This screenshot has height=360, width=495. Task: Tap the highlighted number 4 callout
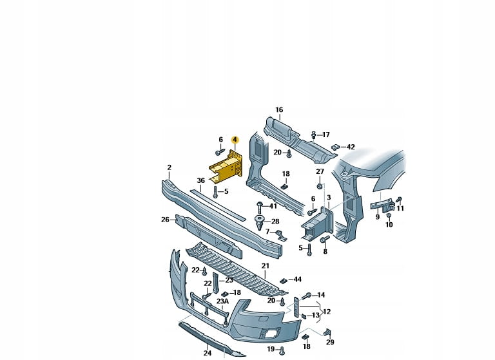[235, 140]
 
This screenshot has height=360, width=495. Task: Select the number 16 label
[279, 109]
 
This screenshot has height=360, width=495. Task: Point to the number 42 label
[351, 147]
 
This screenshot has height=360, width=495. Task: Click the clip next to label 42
[335, 147]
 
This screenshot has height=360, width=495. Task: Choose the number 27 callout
[320, 172]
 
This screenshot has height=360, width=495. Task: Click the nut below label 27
[320, 186]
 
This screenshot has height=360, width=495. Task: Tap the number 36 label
[201, 180]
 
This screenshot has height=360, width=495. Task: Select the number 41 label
[273, 206]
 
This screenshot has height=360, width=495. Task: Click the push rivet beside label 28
[260, 222]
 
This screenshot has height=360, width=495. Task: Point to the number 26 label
[165, 220]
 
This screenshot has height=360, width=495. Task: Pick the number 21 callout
[265, 266]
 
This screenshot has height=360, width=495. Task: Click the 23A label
[222, 301]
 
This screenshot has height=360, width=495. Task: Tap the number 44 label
[297, 279]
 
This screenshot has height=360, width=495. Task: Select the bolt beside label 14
[307, 296]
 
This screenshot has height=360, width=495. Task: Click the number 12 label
[327, 312]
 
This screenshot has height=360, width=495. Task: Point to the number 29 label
[330, 342]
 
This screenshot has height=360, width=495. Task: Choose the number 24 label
[207, 353]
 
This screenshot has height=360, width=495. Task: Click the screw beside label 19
[282, 350]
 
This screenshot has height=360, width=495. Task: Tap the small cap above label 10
[389, 216]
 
